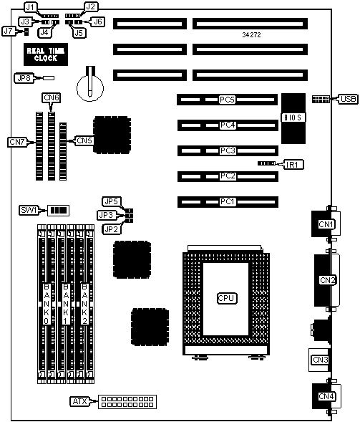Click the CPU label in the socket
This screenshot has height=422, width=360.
[227, 298]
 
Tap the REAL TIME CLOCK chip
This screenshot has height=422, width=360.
[46, 54]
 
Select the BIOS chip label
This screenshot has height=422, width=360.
[293, 118]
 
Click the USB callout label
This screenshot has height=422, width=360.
[348, 99]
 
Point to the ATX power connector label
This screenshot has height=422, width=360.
[80, 401]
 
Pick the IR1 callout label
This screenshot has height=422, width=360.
[293, 164]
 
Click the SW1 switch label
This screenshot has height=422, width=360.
[29, 210]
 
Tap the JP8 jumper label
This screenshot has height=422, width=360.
[24, 78]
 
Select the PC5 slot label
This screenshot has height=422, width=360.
[227, 100]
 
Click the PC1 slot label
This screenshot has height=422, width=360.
[228, 201]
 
